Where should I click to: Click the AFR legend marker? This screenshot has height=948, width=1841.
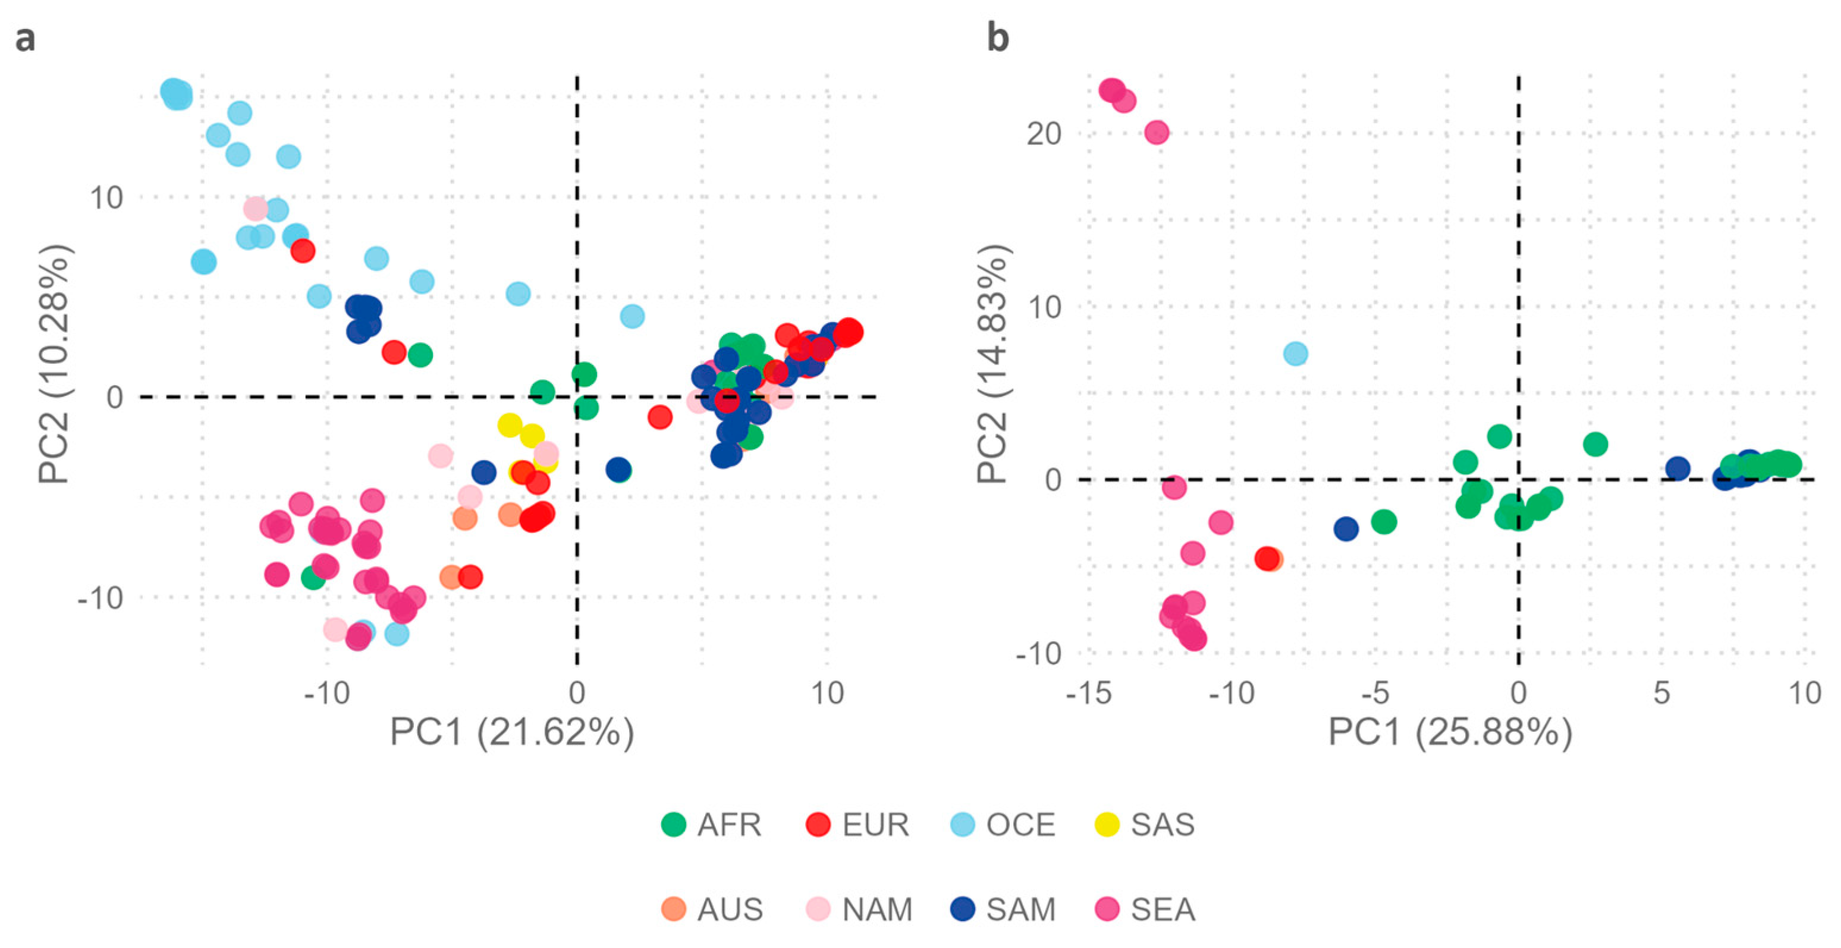[x=674, y=824]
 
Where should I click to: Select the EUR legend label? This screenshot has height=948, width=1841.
[x=875, y=824]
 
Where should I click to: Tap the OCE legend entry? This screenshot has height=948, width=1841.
[x=1020, y=824]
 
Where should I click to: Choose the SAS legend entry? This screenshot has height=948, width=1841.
[x=1162, y=824]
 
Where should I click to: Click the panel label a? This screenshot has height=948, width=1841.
[x=25, y=38]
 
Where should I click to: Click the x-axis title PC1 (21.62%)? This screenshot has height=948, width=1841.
[x=512, y=732]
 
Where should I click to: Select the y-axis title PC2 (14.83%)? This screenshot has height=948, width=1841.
[x=994, y=364]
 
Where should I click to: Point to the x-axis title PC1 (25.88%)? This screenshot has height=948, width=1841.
[x=1450, y=732]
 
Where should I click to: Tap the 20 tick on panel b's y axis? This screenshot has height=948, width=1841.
[x=1044, y=134]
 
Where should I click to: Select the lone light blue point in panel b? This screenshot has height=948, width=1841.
[x=1296, y=353]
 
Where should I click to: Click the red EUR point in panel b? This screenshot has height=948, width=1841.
[x=1267, y=558]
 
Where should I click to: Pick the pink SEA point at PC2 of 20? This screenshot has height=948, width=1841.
[x=1157, y=132]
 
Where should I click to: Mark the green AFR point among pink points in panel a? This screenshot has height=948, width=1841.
[x=313, y=577]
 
